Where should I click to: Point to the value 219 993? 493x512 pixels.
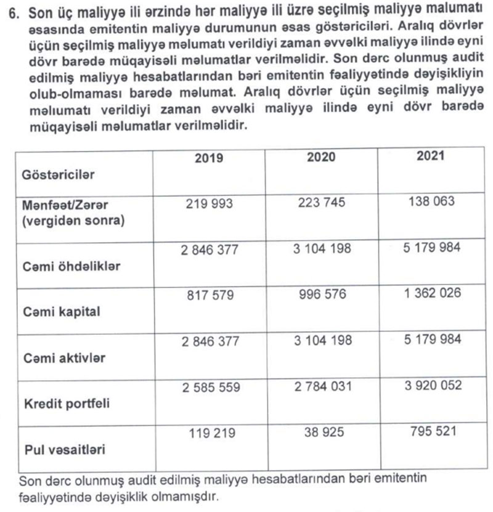(x=210, y=204)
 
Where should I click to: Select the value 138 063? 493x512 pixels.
(x=431, y=201)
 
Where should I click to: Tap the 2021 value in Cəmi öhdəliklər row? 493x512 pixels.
(x=431, y=247)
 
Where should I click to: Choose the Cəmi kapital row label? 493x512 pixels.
(x=60, y=312)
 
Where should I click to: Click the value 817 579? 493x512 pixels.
(x=210, y=295)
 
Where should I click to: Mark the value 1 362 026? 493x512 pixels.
(x=433, y=293)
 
